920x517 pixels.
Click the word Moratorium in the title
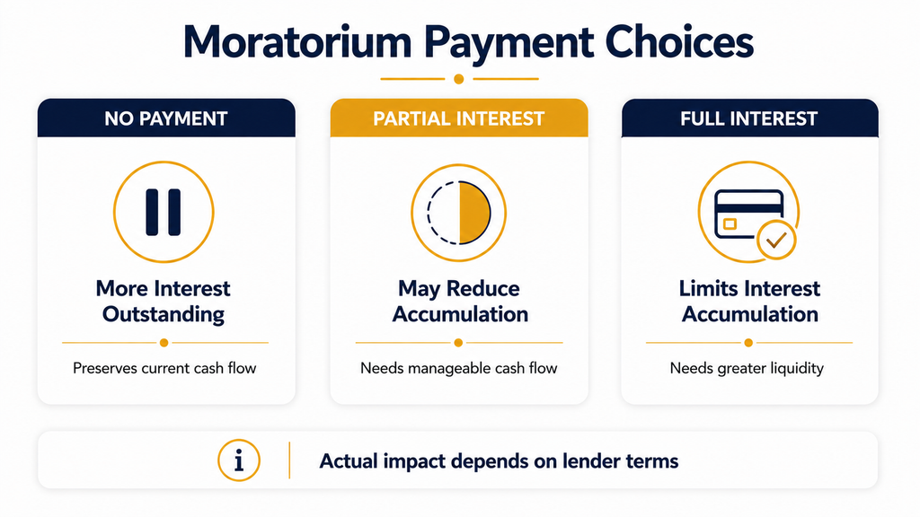coord(296,42)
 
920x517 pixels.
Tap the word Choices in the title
coord(679,42)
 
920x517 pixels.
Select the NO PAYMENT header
coord(166,118)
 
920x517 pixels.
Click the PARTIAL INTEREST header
coord(459,118)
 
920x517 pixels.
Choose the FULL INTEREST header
coord(749,118)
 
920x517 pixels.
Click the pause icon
coord(164,212)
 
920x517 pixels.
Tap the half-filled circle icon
coord(459,212)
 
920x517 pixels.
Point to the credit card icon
coord(748,214)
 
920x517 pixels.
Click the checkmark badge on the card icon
coord(776,240)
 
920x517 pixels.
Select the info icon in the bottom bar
coord(239,460)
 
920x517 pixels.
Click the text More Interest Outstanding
coord(164,302)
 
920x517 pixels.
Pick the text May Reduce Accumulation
coord(459,302)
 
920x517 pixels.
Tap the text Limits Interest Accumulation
coord(750,302)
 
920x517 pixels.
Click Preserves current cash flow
coord(164,368)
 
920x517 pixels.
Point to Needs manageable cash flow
coord(459,368)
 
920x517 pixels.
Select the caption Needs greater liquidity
coord(747,368)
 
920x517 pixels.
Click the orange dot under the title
coord(459,79)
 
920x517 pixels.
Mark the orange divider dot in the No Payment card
coord(164,342)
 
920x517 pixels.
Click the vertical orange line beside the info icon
coord(290,460)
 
